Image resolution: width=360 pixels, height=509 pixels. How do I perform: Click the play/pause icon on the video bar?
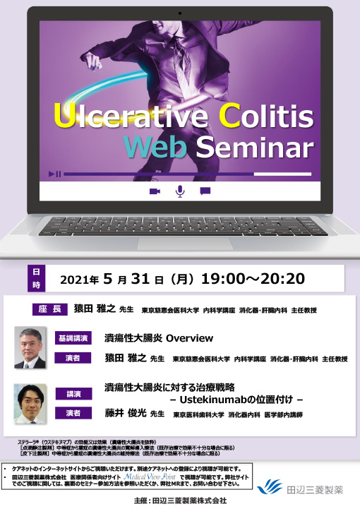point(55,174)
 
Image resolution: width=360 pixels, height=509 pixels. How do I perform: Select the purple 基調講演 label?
point(73,338)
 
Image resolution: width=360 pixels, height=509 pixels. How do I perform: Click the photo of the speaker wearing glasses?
point(30,347)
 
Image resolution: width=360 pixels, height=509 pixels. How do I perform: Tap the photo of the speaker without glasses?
point(30,403)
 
